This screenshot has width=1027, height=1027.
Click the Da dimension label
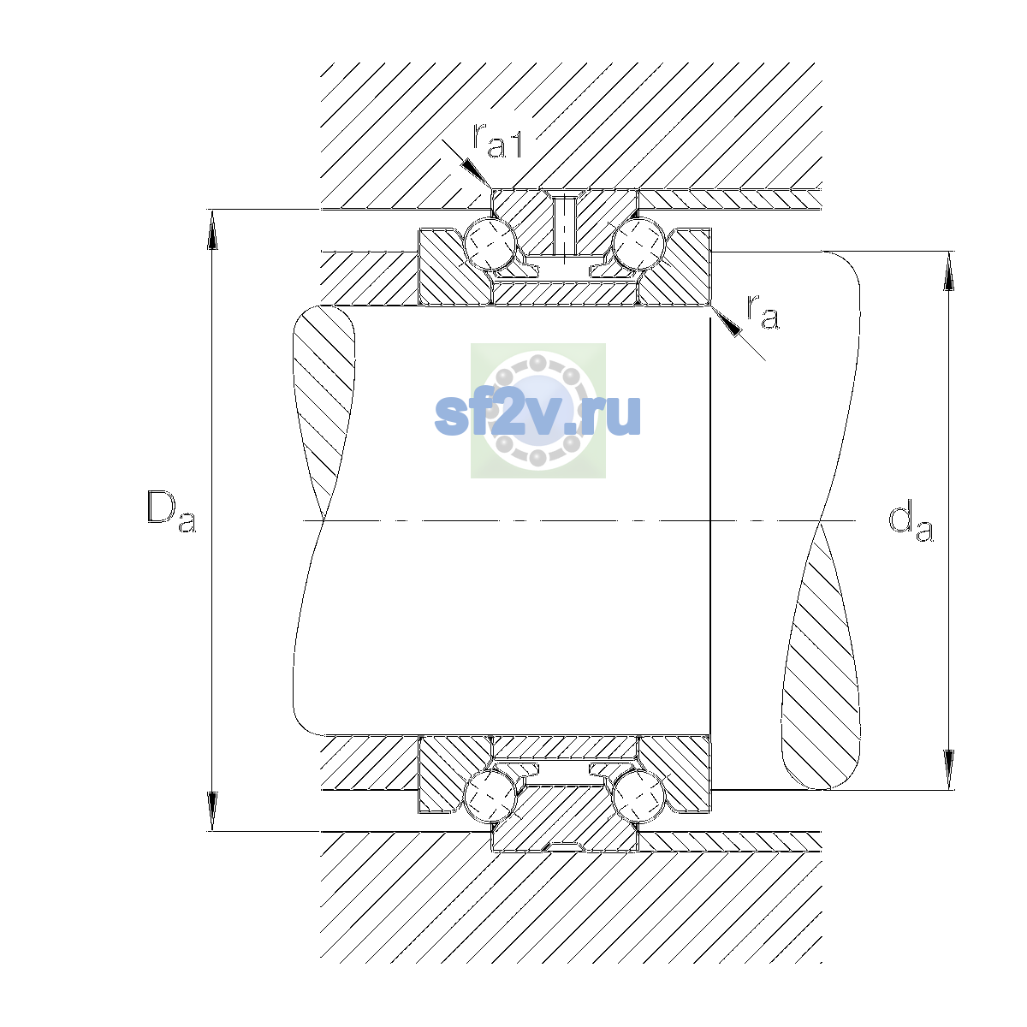pyautogui.click(x=171, y=512)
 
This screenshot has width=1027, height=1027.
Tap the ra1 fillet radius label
pyautogui.click(x=497, y=140)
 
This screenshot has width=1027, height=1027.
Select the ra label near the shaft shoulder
pyautogui.click(x=763, y=312)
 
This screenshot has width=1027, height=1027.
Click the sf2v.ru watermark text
pyautogui.click(x=537, y=416)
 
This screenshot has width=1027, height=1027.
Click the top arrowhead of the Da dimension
pyautogui.click(x=212, y=229)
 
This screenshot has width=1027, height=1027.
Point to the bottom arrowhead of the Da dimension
pyautogui.click(x=212, y=811)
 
